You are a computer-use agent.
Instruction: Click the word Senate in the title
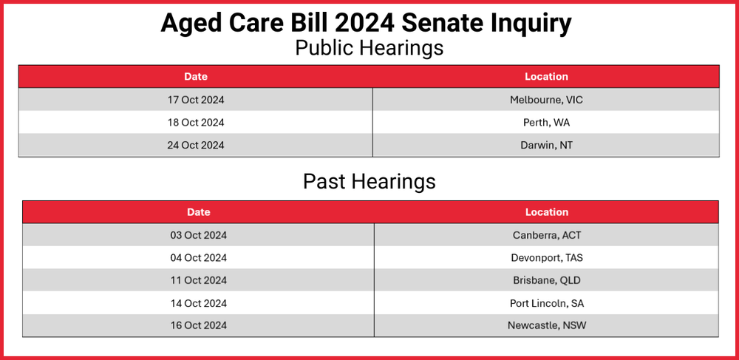pyautogui.click(x=437, y=23)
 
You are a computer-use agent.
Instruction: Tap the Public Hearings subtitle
pyautogui.click(x=369, y=47)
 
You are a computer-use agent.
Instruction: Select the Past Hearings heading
pyautogui.click(x=369, y=181)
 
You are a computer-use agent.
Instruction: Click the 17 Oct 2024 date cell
pyautogui.click(x=196, y=100)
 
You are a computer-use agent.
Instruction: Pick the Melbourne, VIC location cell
pyautogui.click(x=546, y=100)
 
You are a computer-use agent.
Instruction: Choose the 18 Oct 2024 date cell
pyautogui.click(x=196, y=123)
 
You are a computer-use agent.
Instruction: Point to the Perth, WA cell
pyautogui.click(x=546, y=123)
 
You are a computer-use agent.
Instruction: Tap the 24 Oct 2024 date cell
pyautogui.click(x=196, y=145)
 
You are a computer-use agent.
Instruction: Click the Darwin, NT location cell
pyautogui.click(x=546, y=145)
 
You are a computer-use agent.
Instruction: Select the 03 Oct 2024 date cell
pyautogui.click(x=198, y=235)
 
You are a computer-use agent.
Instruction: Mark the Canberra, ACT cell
pyautogui.click(x=547, y=235)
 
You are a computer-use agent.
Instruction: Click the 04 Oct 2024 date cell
pyautogui.click(x=198, y=258)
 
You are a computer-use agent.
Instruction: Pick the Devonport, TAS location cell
pyautogui.click(x=547, y=258)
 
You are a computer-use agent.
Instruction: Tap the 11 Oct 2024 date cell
pyautogui.click(x=198, y=280)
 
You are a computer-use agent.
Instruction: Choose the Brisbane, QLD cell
pyautogui.click(x=547, y=280)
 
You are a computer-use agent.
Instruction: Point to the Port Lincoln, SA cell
pyautogui.click(x=547, y=303)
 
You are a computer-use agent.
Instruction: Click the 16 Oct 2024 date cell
pyautogui.click(x=198, y=325)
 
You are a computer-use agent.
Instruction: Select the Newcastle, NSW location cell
pyautogui.click(x=547, y=325)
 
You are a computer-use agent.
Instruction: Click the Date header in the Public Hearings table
pyautogui.click(x=196, y=77)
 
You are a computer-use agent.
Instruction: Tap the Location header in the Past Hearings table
pyautogui.click(x=547, y=212)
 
